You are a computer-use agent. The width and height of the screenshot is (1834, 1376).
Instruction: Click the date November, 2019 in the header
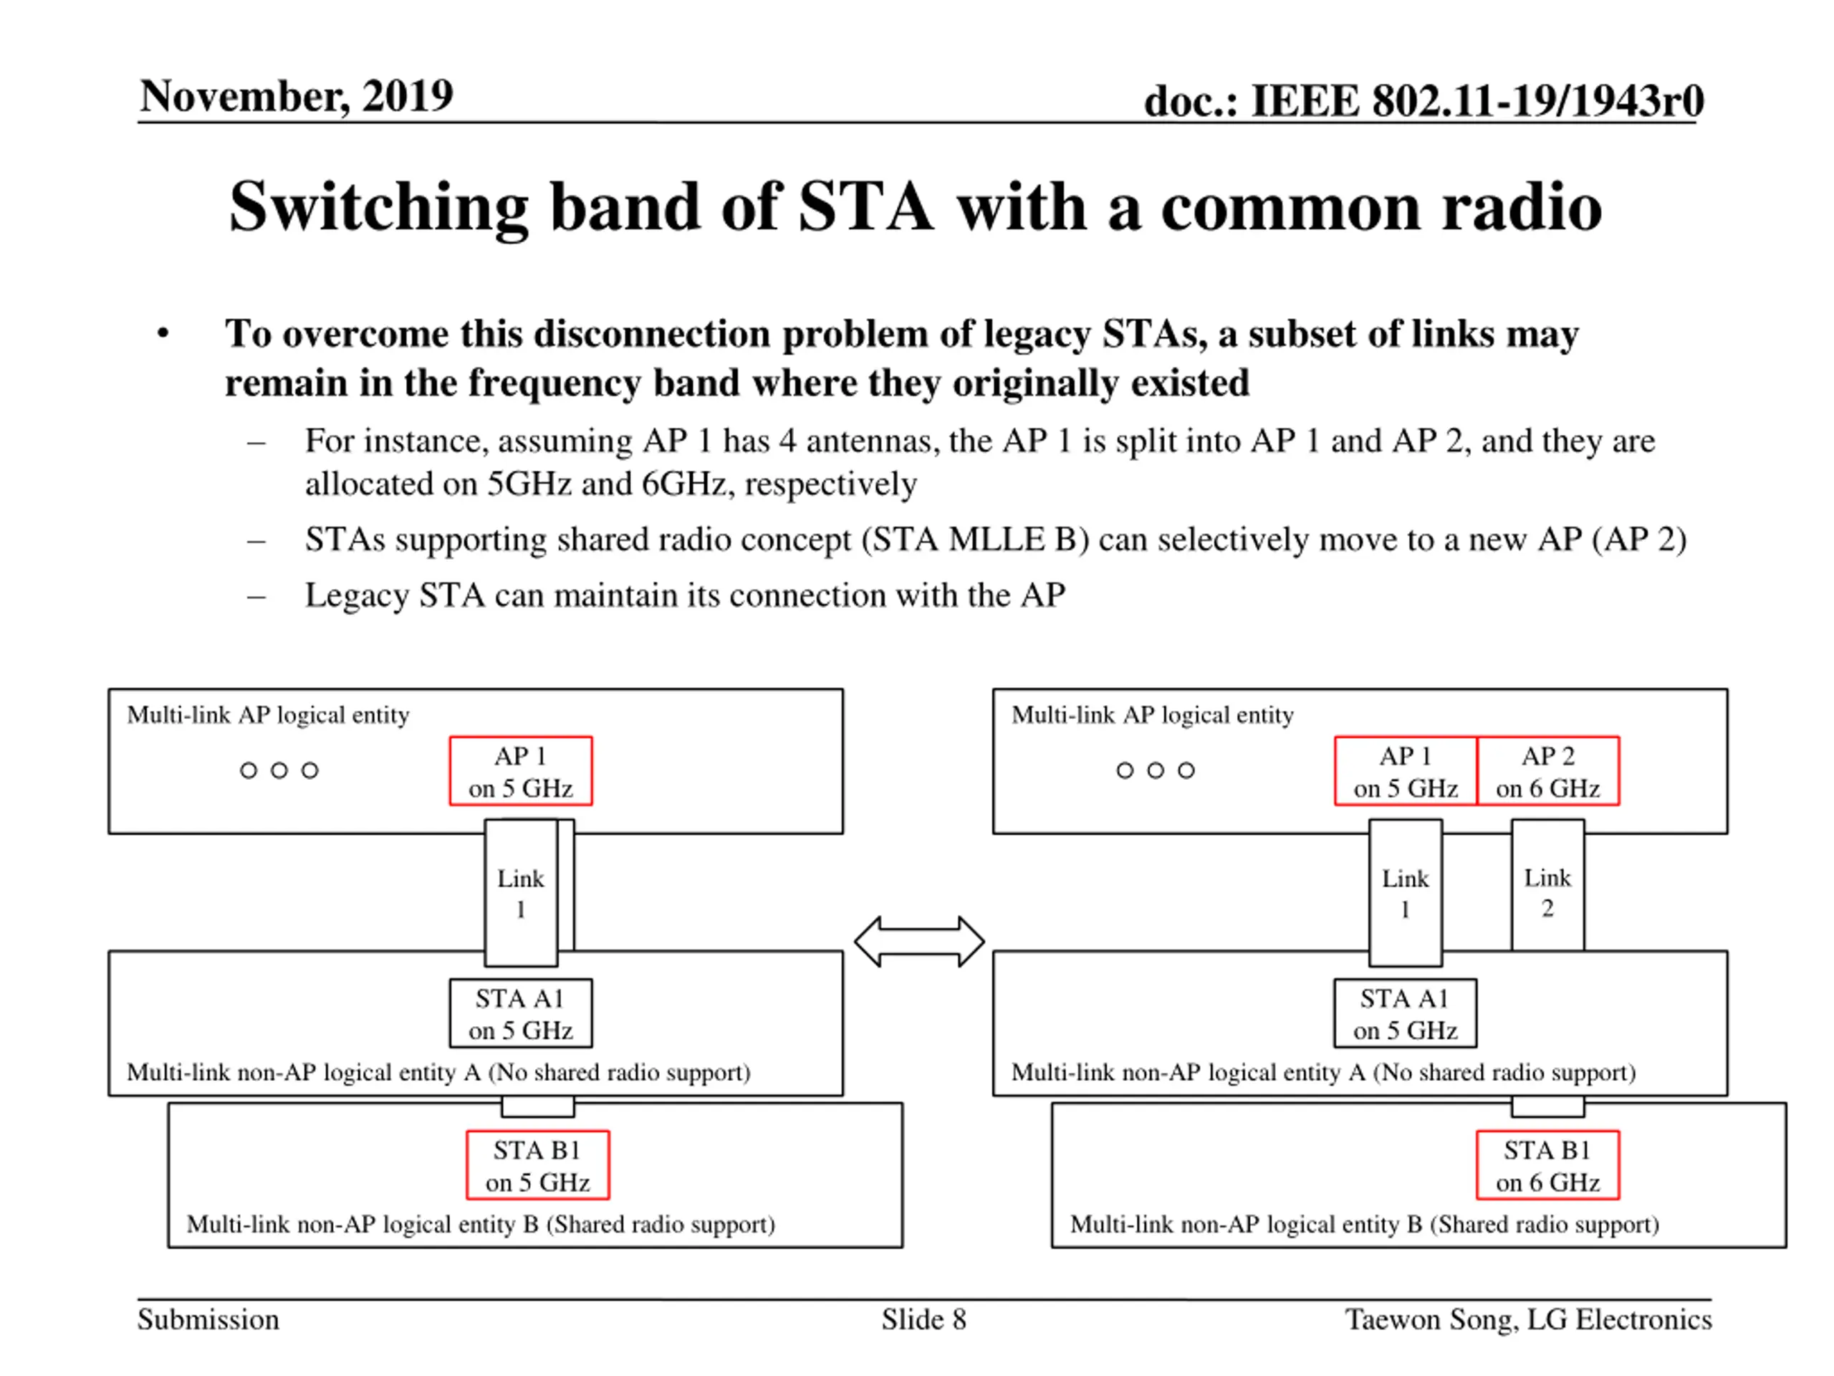296,95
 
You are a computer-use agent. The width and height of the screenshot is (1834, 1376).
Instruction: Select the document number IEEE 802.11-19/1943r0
1477,101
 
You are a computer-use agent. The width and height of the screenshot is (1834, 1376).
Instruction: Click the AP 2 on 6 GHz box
1547,770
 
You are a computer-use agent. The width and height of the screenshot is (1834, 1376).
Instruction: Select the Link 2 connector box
1547,885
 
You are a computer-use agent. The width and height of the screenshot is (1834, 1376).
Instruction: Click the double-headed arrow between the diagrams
918,942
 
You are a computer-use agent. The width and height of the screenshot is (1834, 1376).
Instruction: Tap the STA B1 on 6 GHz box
1547,1165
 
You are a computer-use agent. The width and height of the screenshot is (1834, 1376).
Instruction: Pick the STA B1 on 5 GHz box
537,1165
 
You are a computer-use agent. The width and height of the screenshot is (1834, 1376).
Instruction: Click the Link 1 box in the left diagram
521,893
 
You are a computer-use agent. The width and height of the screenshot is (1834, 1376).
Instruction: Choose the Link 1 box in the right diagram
1406,893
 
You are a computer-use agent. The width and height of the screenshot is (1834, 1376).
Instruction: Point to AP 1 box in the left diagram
521,770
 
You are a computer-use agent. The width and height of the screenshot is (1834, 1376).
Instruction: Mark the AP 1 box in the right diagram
1406,770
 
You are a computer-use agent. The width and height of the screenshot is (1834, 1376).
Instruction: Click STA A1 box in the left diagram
521,1013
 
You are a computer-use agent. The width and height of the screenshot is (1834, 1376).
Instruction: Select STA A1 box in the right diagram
1406,1013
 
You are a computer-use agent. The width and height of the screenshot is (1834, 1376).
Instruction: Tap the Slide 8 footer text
923,1319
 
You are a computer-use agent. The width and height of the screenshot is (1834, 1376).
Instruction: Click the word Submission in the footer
208,1319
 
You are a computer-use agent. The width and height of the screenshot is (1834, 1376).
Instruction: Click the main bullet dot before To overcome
163,333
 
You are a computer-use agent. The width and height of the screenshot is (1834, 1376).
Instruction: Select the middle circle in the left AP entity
279,770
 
